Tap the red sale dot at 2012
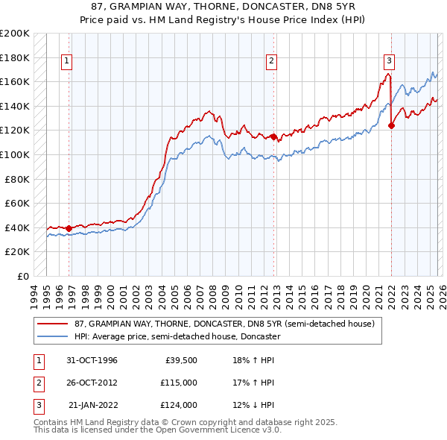[x=273, y=136]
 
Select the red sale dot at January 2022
[x=391, y=125]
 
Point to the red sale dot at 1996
[x=69, y=228]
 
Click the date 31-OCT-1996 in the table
[x=92, y=360]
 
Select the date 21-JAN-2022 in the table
[x=93, y=405]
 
